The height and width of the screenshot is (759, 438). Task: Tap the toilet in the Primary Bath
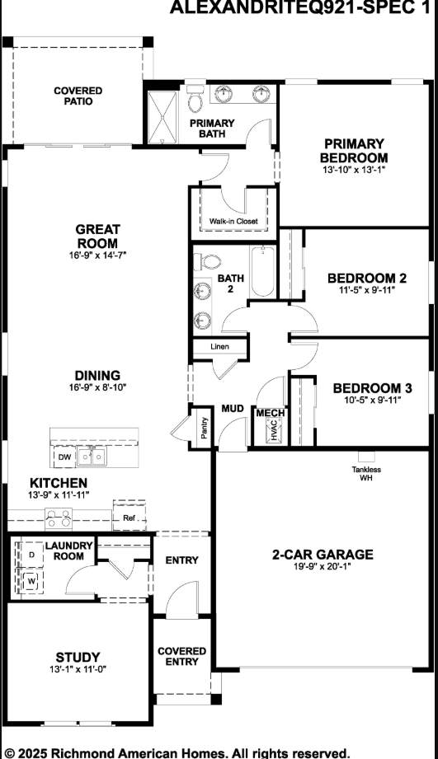(x=195, y=99)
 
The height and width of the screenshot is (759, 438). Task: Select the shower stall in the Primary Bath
(x=162, y=116)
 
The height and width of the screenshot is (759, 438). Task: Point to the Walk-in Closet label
(x=233, y=221)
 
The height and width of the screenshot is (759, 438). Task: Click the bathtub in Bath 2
(x=263, y=271)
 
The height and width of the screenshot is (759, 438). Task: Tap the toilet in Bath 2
(x=207, y=262)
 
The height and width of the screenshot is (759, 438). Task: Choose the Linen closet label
(x=219, y=347)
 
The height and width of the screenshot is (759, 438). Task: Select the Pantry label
(x=204, y=428)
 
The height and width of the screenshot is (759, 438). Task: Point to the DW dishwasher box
(x=64, y=457)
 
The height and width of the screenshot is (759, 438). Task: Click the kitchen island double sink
(x=92, y=457)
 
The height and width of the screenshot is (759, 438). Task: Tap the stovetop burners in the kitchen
(x=59, y=518)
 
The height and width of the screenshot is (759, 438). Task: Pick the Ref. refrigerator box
(x=129, y=517)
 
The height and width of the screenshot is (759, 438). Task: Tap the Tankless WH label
(x=366, y=473)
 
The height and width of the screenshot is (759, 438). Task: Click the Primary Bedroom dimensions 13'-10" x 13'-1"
(x=354, y=170)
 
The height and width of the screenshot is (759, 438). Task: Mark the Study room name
(x=78, y=657)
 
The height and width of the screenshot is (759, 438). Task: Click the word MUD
(x=233, y=409)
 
